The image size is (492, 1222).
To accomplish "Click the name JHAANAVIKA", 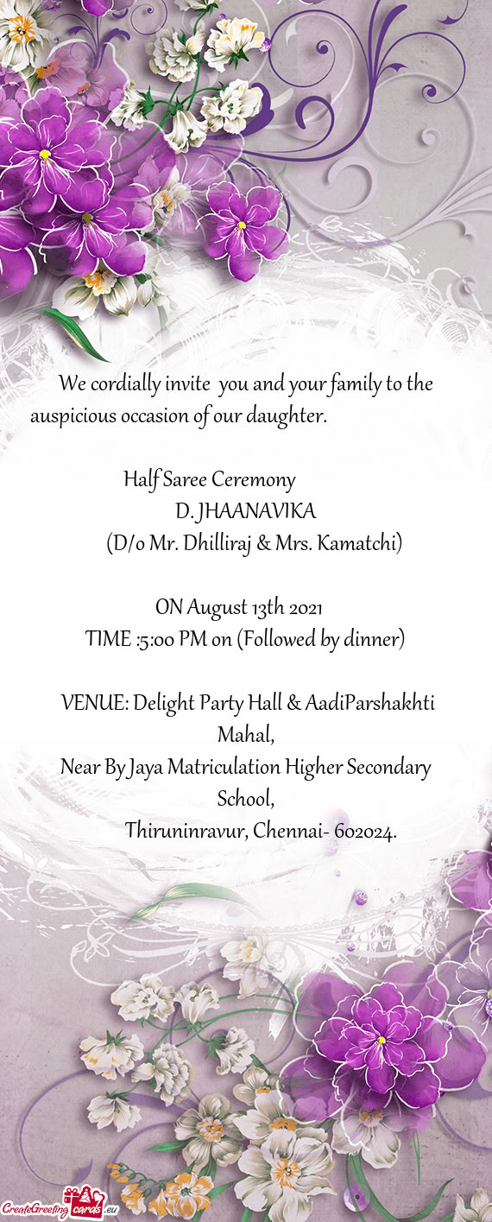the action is [256, 511].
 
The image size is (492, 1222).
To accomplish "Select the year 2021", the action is [306, 607].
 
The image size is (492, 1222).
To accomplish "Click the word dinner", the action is [370, 639].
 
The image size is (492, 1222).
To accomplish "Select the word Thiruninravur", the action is [186, 831].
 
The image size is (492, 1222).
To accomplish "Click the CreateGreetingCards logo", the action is [60, 1208].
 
